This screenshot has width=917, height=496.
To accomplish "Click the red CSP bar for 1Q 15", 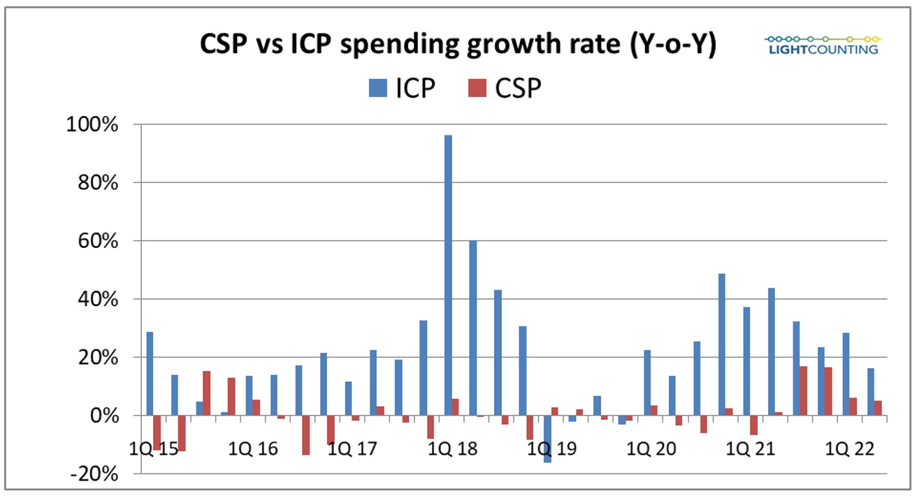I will point(157,432).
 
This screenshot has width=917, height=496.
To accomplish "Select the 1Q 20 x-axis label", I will point(650,448).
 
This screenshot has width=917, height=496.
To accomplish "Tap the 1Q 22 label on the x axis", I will point(849,448).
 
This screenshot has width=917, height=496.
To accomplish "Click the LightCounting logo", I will point(821,43).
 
